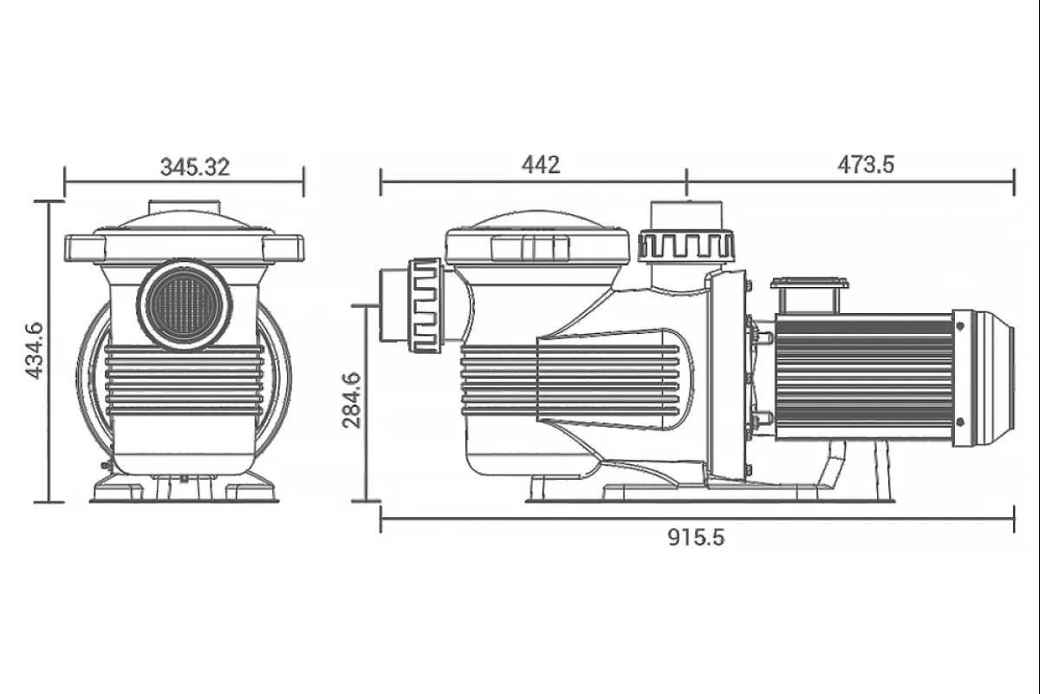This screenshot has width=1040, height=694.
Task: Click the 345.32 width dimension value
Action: [x=195, y=167]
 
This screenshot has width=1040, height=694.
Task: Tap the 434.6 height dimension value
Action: [x=35, y=351]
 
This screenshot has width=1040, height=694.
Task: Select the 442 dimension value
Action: [x=541, y=165]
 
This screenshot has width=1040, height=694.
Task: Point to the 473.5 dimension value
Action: [x=866, y=165]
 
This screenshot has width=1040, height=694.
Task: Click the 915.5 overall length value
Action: [x=696, y=537]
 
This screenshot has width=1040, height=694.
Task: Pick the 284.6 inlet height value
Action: [x=352, y=400]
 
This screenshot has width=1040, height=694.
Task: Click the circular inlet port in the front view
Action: [x=185, y=305]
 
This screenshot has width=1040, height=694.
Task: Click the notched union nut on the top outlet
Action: [x=686, y=246]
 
